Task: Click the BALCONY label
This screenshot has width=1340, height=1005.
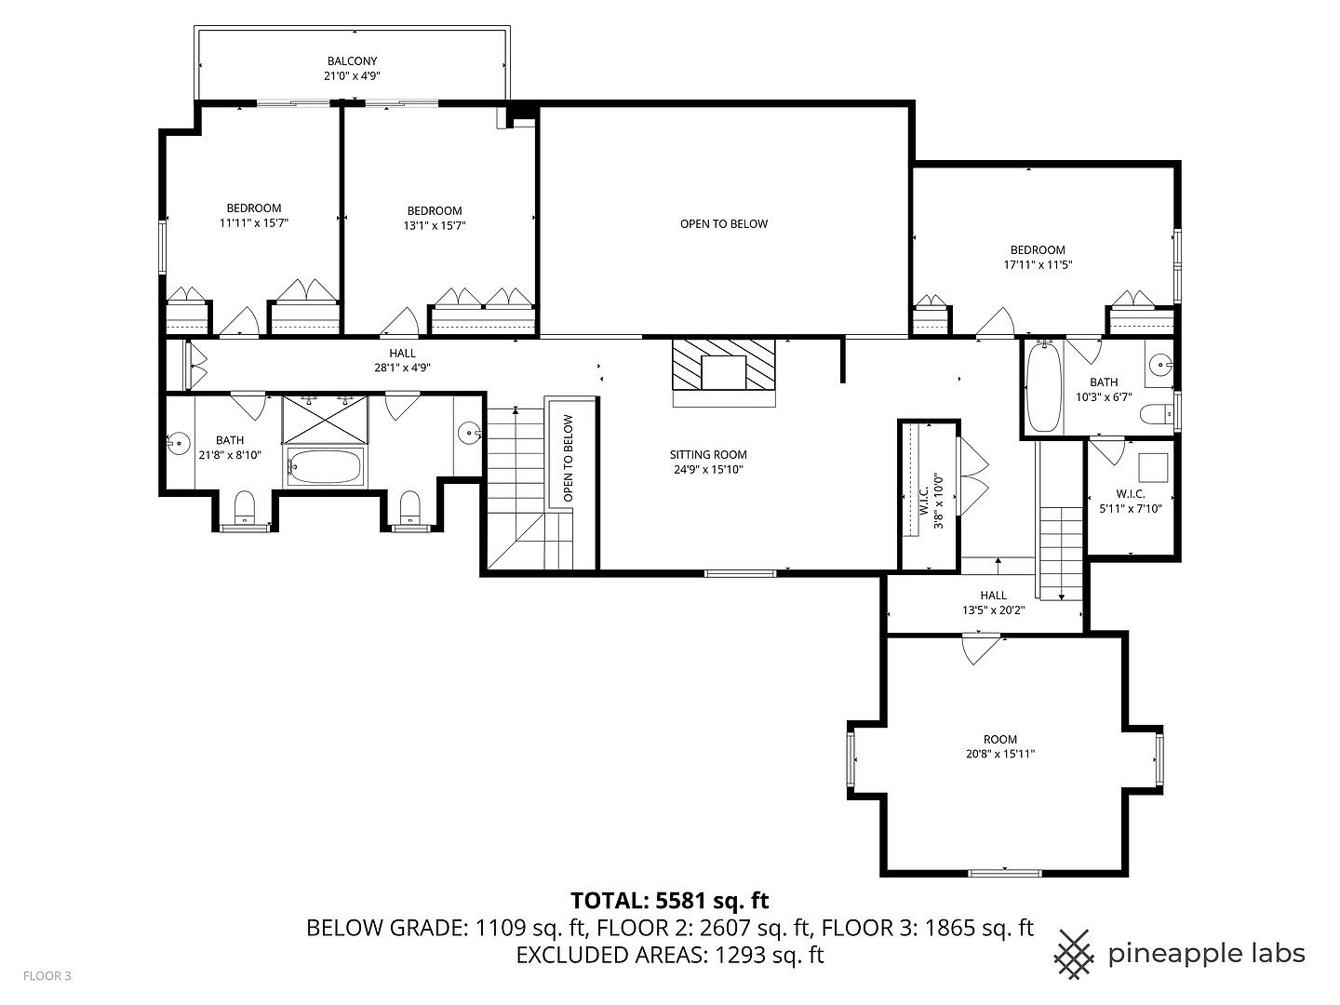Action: (x=352, y=61)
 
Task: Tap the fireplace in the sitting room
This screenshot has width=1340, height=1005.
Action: (x=724, y=371)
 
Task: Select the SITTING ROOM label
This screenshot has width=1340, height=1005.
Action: (x=708, y=455)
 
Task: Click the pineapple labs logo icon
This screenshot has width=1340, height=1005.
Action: (x=1075, y=954)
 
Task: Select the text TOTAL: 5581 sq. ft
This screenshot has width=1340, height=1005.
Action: (x=669, y=900)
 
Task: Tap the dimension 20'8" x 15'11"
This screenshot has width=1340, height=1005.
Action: (x=1000, y=755)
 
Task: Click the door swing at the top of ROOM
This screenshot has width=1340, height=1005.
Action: (x=983, y=650)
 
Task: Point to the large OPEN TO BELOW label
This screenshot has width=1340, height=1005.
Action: (x=724, y=223)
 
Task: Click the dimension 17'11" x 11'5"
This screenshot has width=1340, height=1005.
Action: (x=1038, y=264)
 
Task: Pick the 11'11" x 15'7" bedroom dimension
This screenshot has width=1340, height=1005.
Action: (x=254, y=223)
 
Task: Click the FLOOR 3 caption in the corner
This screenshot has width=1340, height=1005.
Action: (x=47, y=976)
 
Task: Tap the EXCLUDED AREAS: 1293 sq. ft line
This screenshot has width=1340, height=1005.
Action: (x=669, y=954)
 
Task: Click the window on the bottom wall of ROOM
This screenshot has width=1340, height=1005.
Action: (x=1005, y=872)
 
